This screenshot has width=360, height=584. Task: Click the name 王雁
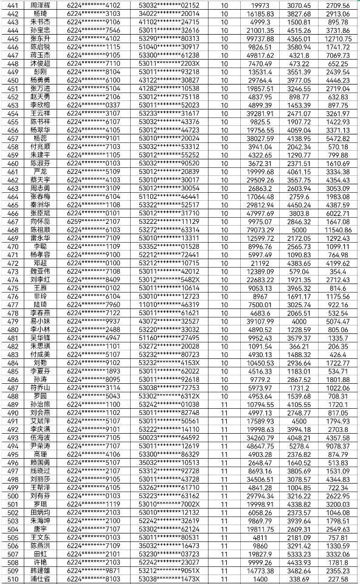tap(40, 288)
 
